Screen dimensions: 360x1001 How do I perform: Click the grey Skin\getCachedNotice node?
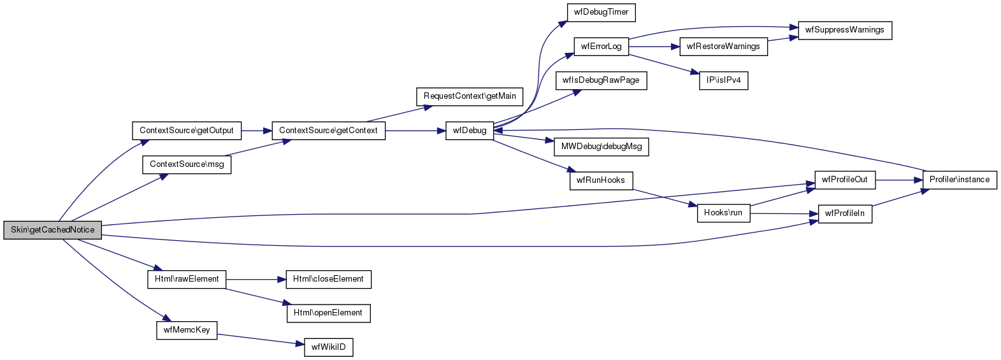pyautogui.click(x=52, y=230)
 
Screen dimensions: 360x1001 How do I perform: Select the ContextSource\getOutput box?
pyautogui.click(x=187, y=131)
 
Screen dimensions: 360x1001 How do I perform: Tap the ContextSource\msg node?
pyautogui.click(x=187, y=164)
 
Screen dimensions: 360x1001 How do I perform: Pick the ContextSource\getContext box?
pyautogui.click(x=328, y=131)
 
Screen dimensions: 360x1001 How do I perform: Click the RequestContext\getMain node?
pyautogui.click(x=470, y=96)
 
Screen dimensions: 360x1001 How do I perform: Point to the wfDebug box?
pyautogui.click(x=470, y=131)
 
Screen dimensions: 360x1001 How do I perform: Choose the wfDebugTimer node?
pyautogui.click(x=601, y=12)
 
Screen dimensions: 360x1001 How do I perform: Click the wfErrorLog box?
pyautogui.click(x=601, y=47)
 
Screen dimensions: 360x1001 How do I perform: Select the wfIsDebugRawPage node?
pyautogui.click(x=601, y=81)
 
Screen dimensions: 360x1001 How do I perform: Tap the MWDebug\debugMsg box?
pyautogui.click(x=601, y=147)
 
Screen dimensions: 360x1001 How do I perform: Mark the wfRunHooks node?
pyautogui.click(x=601, y=180)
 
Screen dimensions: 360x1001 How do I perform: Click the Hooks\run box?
pyautogui.click(x=723, y=213)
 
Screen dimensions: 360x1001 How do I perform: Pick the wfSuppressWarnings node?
pyautogui.click(x=844, y=30)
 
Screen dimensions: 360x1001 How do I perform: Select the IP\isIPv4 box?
pyautogui.click(x=723, y=81)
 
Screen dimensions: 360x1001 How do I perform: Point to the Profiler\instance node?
pyautogui.click(x=960, y=180)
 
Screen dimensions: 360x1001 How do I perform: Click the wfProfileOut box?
pyautogui.click(x=844, y=180)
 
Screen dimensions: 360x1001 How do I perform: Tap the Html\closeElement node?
pyautogui.click(x=328, y=279)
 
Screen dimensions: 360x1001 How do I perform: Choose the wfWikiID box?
pyautogui.click(x=328, y=347)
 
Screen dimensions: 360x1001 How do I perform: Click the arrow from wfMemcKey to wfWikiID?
pyautogui.click(x=258, y=339)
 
